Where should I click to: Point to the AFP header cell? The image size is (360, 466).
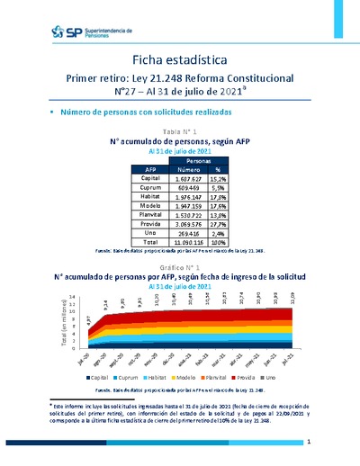[150, 168]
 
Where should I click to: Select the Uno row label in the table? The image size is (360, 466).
[150, 232]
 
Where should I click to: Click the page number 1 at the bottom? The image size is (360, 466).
[308, 444]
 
